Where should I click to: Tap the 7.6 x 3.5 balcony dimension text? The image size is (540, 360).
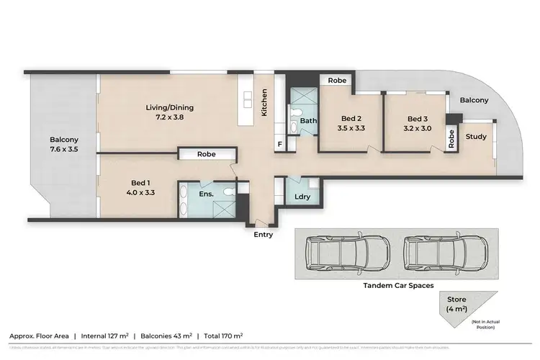point(63,150)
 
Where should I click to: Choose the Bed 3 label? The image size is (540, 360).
point(418,119)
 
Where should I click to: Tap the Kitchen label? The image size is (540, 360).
point(265,102)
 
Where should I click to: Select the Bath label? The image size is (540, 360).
point(309,121)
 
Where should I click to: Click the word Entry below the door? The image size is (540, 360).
point(263,235)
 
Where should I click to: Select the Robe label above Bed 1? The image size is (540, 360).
point(207,154)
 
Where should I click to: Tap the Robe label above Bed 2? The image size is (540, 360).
point(336,81)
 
